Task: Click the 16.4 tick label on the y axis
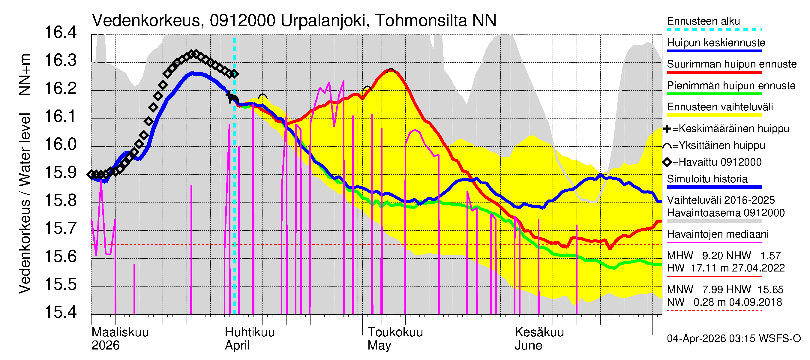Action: [60, 32]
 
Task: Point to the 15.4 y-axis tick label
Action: [60, 312]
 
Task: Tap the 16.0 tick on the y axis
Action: [60, 144]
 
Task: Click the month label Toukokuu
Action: [395, 332]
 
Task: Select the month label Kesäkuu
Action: [539, 332]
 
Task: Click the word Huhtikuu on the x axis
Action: [250, 332]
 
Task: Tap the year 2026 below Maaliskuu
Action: [105, 345]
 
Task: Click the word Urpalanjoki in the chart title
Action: [323, 21]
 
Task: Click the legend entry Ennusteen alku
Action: [703, 21]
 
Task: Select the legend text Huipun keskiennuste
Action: [716, 43]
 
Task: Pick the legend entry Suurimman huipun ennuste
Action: [731, 64]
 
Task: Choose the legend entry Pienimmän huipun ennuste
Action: [731, 85]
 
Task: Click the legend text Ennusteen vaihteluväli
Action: [720, 107]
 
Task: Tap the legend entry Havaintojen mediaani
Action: [718, 234]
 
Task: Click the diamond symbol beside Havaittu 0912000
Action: [667, 162]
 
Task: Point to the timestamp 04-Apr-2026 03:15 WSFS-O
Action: [733, 339]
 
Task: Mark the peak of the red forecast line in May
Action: [391, 70]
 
